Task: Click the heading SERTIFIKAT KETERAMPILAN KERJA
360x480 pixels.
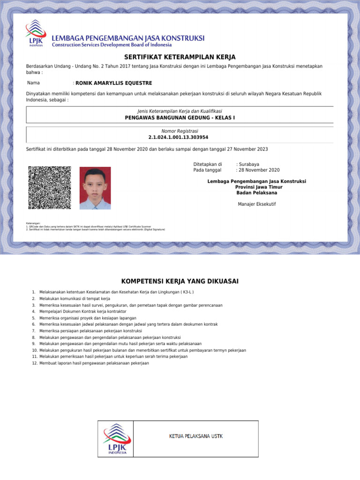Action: coord(180,57)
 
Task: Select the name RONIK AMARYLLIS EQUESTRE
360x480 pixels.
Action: coord(113,83)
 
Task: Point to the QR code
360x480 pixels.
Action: coord(50,187)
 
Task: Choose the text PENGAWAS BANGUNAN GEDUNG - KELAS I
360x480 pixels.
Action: coord(180,118)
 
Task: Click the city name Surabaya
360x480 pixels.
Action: coord(248,165)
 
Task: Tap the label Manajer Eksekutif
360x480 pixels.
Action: coord(256,204)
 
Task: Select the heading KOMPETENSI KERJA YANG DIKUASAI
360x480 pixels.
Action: coord(180,281)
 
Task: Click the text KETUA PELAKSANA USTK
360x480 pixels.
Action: coord(195,436)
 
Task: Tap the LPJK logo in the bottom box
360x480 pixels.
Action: coord(115,438)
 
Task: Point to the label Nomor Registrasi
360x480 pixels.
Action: coord(180,131)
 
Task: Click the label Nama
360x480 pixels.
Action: coord(33,83)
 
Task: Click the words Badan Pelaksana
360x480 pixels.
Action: coord(256,193)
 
